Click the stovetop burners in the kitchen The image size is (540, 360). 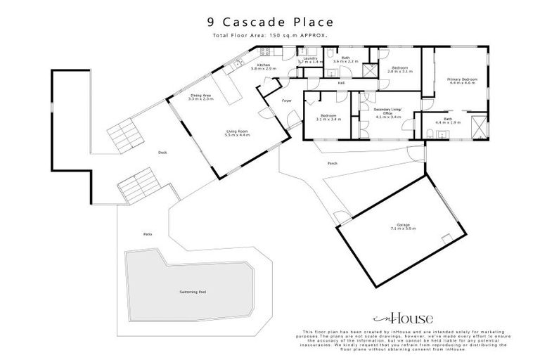click(x=266, y=51)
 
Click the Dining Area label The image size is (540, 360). click(x=201, y=97)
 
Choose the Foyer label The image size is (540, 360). click(x=287, y=101)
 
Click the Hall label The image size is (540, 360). click(x=341, y=83)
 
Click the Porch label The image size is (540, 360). click(x=333, y=164)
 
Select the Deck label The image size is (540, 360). click(x=162, y=152)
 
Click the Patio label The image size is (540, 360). click(x=148, y=233)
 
